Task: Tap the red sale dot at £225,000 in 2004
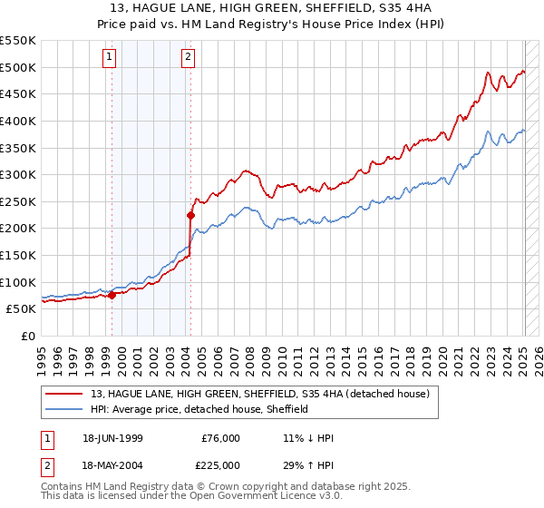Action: (190, 215)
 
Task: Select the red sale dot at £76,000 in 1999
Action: (112, 295)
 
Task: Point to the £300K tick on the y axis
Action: (18, 174)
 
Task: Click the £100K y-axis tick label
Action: (18, 282)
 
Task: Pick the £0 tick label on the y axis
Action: (27, 336)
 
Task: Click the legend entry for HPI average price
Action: (199, 409)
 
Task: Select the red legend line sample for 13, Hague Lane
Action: (64, 393)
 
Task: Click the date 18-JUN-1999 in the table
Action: (117, 438)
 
